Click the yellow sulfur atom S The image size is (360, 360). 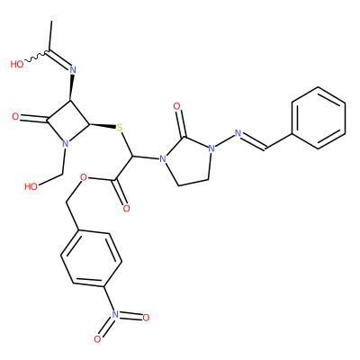pyautogui.click(x=120, y=127)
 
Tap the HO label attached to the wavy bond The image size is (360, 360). pyautogui.click(x=17, y=64)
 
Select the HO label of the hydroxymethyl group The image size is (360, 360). pyautogui.click(x=31, y=186)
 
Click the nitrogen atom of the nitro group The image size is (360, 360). pyautogui.click(x=114, y=314)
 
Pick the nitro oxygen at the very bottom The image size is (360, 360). pyautogui.click(x=97, y=339)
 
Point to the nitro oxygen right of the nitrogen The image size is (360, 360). pyautogui.click(x=146, y=318)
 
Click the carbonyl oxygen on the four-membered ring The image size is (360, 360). pyautogui.click(x=15, y=117)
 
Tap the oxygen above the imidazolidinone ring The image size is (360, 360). pyautogui.click(x=177, y=106)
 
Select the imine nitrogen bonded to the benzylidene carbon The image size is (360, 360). pyautogui.click(x=238, y=133)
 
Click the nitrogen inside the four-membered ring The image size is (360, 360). pyautogui.click(x=66, y=143)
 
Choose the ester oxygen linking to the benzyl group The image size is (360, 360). pyautogui.click(x=84, y=177)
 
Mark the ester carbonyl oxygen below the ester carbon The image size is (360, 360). pyautogui.click(x=127, y=208)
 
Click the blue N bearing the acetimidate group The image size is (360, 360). pyautogui.click(x=73, y=70)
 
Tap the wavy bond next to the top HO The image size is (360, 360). pyautogui.click(x=35, y=57)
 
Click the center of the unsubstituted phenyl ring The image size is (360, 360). pyautogui.click(x=319, y=118)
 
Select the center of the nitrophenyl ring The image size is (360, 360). pyautogui.click(x=91, y=258)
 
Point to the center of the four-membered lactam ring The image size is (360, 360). pyautogui.click(x=68, y=122)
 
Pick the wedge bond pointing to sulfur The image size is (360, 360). pyautogui.click(x=103, y=126)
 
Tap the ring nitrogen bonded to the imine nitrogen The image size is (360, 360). pyautogui.click(x=211, y=148)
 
